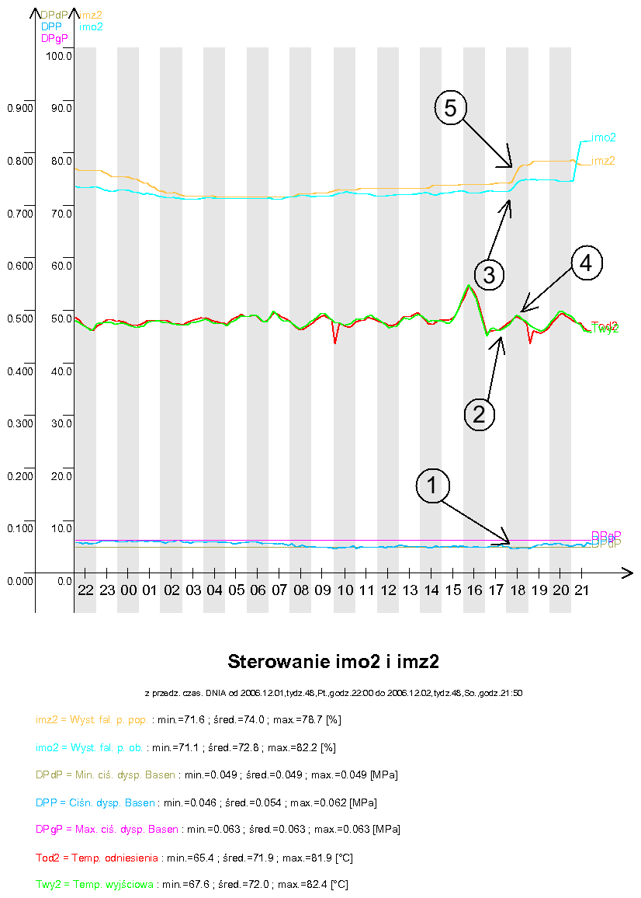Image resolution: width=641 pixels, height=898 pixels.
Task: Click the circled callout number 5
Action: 451,108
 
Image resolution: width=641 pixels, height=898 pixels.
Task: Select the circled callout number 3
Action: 490,273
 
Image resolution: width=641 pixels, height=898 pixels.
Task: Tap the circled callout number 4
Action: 587,263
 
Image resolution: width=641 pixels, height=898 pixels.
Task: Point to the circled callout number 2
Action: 480,413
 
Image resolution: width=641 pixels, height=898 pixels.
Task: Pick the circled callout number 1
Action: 432,486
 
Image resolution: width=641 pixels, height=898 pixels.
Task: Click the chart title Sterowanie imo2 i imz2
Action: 334,662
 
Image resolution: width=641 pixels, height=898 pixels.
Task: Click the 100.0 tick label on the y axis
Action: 59,56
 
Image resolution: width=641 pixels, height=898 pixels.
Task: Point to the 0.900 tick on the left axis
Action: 19,108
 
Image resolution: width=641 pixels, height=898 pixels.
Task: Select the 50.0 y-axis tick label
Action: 61,318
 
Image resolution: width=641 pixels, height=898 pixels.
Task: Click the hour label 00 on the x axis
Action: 129,590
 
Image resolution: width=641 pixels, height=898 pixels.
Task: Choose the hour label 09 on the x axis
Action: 323,590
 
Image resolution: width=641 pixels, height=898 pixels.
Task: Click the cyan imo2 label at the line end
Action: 604,137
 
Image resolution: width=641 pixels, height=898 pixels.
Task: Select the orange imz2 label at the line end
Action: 603,161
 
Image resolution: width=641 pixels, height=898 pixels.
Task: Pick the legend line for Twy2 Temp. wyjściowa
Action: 192,884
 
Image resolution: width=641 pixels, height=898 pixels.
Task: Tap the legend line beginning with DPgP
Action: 217,830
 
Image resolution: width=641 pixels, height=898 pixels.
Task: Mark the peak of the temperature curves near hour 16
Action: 469,286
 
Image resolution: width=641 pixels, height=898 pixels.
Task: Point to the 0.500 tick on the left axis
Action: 19,318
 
